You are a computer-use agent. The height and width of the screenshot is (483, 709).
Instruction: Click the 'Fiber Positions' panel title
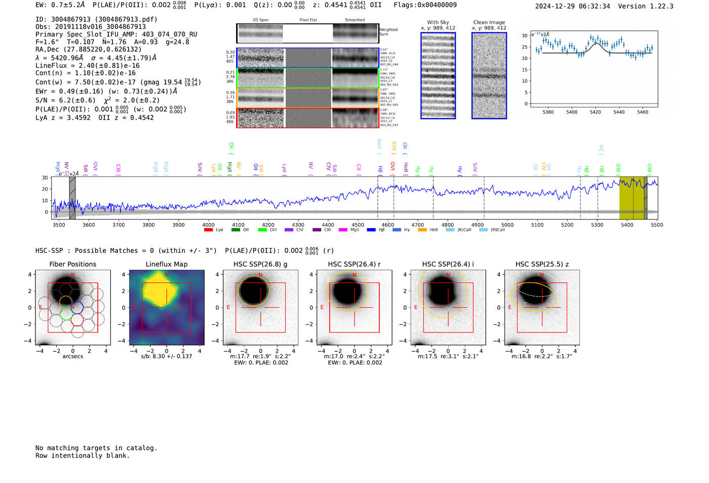[72, 264]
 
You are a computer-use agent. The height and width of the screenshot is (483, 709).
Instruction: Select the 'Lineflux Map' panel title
[166, 264]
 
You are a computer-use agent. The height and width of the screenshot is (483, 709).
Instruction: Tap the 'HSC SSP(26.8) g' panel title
[260, 264]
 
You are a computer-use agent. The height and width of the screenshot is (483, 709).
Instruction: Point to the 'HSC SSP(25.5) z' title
[542, 264]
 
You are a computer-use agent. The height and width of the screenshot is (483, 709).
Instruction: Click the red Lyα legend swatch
[208, 230]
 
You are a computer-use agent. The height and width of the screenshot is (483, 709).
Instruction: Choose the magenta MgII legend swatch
[343, 230]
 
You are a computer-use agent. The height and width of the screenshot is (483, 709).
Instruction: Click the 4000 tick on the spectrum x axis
[208, 225]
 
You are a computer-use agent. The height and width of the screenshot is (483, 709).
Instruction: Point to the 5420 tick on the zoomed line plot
[595, 112]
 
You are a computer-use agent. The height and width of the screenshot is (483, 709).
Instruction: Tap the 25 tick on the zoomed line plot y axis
[525, 47]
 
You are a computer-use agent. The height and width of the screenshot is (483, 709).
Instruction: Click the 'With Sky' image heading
[438, 22]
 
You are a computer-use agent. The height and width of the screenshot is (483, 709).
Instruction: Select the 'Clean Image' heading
[489, 22]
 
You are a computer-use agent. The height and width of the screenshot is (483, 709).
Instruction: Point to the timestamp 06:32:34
[593, 6]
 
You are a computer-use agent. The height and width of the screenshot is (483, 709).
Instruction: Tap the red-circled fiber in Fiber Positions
[77, 320]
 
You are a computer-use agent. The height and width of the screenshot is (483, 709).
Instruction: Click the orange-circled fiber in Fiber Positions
[66, 301]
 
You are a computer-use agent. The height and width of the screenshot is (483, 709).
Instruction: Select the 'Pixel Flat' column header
[308, 20]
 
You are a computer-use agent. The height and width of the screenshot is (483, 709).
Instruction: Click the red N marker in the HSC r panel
[354, 275]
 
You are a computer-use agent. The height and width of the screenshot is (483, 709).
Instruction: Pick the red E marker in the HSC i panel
[416, 308]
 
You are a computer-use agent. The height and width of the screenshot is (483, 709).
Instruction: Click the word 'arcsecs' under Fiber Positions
[72, 356]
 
